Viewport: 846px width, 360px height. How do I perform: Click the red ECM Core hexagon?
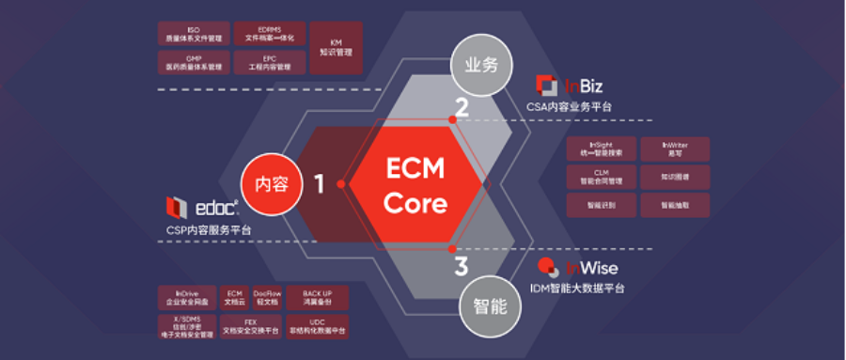click(415, 184)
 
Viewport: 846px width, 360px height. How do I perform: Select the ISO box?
click(194, 34)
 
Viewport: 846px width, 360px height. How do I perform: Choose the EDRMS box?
click(269, 34)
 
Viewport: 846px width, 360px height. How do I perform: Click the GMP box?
click(194, 63)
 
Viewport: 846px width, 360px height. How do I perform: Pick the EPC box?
click(269, 63)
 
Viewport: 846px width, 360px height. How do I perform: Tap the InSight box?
click(601, 149)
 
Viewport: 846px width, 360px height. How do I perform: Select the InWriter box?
click(673, 149)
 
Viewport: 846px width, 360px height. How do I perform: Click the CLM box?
click(601, 177)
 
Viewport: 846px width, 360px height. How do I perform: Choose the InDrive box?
click(185, 298)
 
